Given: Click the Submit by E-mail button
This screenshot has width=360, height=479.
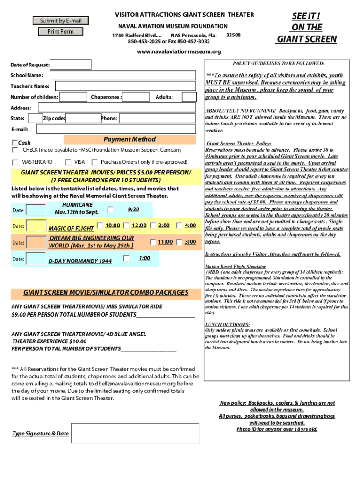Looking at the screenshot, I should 60,21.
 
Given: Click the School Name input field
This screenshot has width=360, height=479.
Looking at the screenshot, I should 122,75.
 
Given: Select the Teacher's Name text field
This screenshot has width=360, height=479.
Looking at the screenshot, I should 125,86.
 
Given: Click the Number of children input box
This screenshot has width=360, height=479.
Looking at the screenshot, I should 73,97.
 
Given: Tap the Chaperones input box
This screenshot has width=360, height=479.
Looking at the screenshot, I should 136,97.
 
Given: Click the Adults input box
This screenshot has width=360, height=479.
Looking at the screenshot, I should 189,97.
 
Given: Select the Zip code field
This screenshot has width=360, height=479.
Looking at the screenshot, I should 82,118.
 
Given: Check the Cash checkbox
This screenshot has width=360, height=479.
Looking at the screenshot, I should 15,143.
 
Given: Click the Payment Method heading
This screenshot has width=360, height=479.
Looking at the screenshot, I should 130,139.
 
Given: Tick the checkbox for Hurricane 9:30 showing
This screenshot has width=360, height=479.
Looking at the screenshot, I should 110,210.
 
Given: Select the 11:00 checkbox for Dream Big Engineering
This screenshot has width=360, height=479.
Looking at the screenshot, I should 153,242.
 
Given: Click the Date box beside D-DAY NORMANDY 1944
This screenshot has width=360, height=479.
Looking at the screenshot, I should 36,259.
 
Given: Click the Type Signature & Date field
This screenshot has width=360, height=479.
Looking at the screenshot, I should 135,434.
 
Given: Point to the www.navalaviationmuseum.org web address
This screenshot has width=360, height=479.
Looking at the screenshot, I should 179,51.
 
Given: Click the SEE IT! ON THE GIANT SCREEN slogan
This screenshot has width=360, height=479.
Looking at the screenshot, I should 306,28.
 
